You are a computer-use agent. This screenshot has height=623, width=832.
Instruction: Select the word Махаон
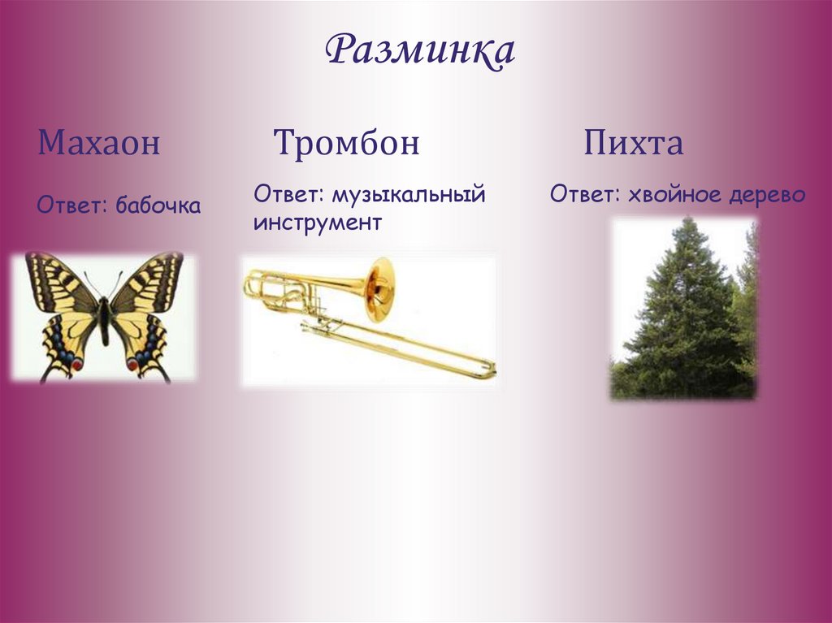[x=98, y=145]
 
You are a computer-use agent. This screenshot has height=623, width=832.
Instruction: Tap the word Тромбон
[x=347, y=144]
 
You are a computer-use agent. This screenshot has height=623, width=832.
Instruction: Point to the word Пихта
[x=633, y=144]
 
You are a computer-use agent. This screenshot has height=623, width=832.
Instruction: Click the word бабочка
[x=158, y=206]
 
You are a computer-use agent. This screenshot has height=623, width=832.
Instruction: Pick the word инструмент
[x=317, y=223]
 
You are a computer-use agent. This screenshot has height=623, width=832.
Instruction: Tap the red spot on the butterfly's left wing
[x=77, y=365]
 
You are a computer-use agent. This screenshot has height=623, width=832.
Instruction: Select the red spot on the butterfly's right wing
[x=132, y=365]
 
